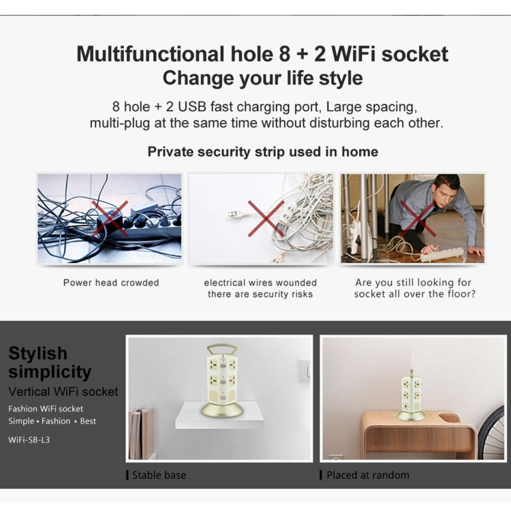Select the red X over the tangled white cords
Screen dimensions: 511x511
266,218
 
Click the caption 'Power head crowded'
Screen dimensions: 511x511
111,282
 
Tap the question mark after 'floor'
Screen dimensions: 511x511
473,294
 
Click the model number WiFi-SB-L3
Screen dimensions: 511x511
29,439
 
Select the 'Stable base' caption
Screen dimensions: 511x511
159,475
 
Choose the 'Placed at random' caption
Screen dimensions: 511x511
368,475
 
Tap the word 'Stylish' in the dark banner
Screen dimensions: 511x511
37,353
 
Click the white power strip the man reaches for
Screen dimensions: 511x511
442,253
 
